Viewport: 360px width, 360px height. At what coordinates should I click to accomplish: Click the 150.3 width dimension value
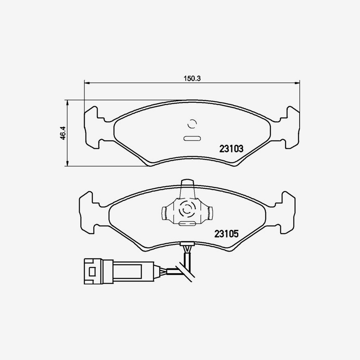192,79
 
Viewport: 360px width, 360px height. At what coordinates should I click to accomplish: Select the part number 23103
231,149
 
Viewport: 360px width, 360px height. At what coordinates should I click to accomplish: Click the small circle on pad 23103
192,124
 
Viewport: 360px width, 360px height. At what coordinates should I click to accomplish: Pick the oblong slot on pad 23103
192,139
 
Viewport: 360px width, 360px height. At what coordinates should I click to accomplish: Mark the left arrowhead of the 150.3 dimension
87,82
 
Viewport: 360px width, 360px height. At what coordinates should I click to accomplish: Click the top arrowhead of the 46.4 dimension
68,102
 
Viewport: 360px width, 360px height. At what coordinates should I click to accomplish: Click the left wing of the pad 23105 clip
165,213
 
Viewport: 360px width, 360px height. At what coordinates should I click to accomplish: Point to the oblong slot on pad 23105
186,224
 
